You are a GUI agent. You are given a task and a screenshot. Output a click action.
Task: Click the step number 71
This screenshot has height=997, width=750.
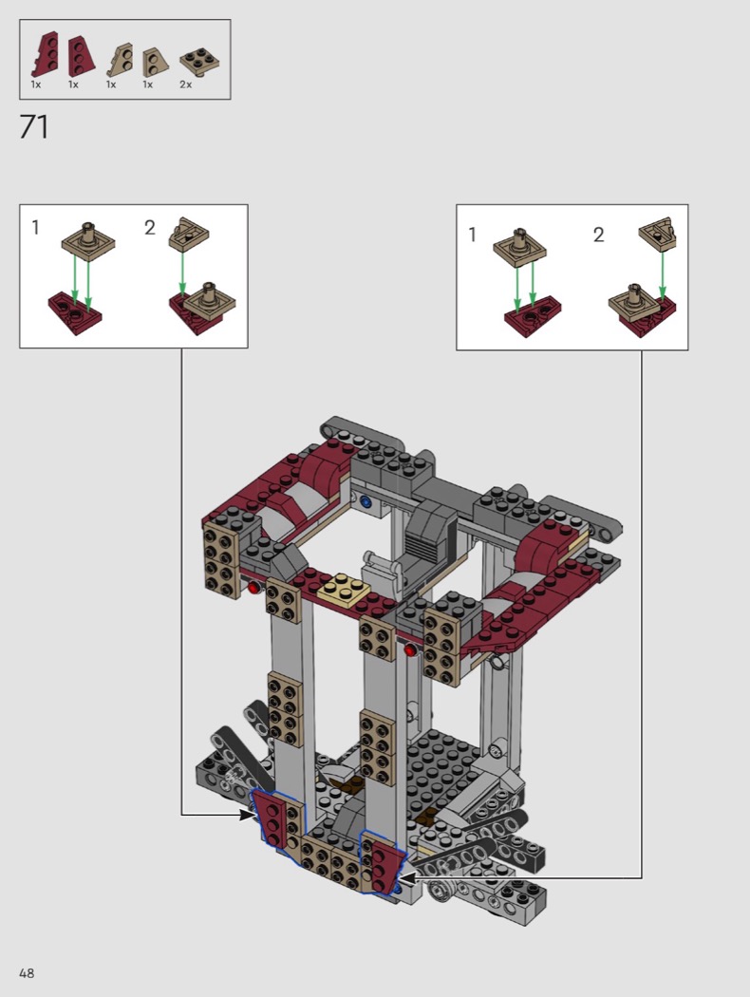pyautogui.click(x=34, y=126)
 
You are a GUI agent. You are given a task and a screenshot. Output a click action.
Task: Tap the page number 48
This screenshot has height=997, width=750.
pyautogui.click(x=27, y=973)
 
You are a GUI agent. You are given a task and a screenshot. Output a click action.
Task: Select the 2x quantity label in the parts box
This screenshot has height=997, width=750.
pyautogui.click(x=185, y=85)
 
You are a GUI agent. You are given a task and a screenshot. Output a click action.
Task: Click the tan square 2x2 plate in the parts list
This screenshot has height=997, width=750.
pyautogui.click(x=199, y=62)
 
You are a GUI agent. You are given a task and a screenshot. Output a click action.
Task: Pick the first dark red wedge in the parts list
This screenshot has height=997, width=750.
pyautogui.click(x=46, y=56)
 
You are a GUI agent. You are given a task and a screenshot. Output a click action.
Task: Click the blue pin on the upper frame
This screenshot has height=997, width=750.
pyautogui.click(x=365, y=501)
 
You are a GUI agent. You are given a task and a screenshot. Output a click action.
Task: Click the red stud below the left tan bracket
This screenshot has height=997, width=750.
pyautogui.click(x=254, y=588)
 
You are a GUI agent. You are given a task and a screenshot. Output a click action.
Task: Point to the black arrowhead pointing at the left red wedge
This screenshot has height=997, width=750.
pyautogui.click(x=247, y=815)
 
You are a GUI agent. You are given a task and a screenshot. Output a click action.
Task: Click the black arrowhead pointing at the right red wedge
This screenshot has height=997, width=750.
pyautogui.click(x=406, y=878)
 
